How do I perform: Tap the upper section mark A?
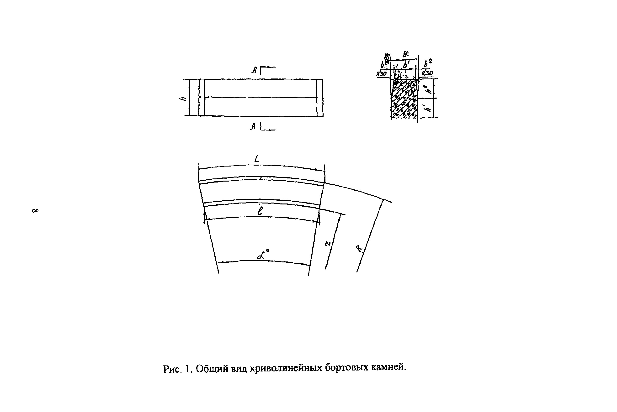coord(254,70)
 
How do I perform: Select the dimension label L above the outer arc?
coord(257,159)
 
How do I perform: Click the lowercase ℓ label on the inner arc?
coord(260,211)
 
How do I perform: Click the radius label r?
coord(327,244)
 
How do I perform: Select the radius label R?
coord(360,248)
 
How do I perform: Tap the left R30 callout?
coord(381,74)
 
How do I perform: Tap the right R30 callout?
coord(427,73)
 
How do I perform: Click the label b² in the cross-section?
coord(428,63)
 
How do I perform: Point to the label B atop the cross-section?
coord(405,54)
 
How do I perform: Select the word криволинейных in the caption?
coord(286,368)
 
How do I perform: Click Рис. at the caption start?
coord(172,369)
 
